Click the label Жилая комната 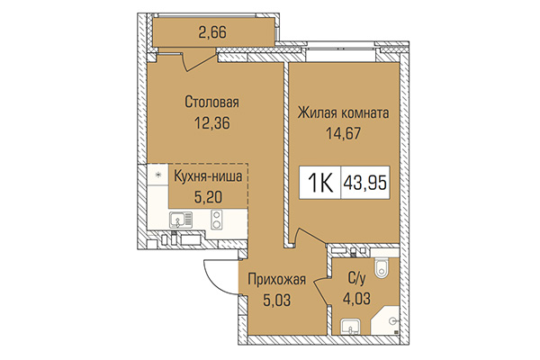(x=343, y=114)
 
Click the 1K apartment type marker (x=319, y=183)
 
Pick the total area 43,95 (x=369, y=183)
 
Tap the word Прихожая (x=277, y=280)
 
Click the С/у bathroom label (x=357, y=280)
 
